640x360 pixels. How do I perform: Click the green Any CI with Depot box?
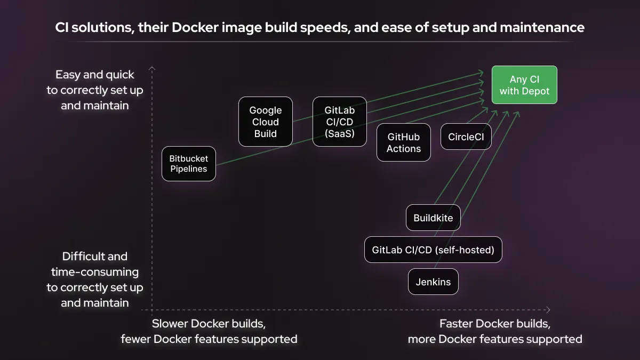click(x=524, y=85)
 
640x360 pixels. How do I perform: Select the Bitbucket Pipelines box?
click(x=189, y=164)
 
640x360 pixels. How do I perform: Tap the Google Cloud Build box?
click(x=265, y=122)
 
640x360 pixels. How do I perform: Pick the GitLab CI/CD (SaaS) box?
click(x=339, y=122)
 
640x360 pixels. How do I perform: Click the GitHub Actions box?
click(x=404, y=143)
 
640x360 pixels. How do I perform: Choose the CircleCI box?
click(x=466, y=137)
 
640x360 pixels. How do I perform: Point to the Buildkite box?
click(x=433, y=218)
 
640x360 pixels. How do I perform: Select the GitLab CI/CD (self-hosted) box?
click(x=433, y=250)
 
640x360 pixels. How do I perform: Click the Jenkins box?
click(x=433, y=282)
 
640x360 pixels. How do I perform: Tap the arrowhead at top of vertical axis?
click(x=152, y=68)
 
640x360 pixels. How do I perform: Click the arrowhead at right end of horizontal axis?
click(x=548, y=310)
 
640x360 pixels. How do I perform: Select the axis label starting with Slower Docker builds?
click(x=209, y=331)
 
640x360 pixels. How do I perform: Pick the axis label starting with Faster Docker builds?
click(x=495, y=331)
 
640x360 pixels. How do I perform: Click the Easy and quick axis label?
click(x=95, y=90)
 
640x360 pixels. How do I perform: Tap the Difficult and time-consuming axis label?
click(x=95, y=279)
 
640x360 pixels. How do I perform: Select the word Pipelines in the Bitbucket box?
click(x=189, y=170)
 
